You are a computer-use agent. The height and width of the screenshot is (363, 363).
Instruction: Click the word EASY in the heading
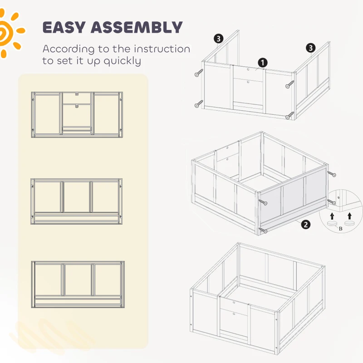point(64,27)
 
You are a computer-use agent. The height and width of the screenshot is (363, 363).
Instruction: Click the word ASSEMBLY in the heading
point(137,27)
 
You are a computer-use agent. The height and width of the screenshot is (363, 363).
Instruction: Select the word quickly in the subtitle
point(122,61)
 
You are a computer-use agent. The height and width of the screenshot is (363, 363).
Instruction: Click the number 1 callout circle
point(263,63)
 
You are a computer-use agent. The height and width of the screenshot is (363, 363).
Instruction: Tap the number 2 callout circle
point(305,225)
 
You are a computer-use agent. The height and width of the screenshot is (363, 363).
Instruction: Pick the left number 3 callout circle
point(219,39)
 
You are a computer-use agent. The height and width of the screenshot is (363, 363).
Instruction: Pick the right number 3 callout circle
point(311,48)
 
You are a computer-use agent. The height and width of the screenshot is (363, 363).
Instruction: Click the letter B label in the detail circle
point(341,229)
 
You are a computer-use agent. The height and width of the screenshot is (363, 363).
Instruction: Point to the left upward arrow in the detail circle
point(332,216)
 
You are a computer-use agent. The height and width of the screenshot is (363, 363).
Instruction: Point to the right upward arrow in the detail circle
point(349,216)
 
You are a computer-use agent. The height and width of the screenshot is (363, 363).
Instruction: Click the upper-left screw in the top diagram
point(199,73)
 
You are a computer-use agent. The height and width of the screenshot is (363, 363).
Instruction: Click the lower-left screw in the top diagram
point(199,104)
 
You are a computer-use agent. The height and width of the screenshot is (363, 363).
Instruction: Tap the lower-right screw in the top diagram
point(290,115)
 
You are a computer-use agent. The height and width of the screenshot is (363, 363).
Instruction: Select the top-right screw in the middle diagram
point(331,174)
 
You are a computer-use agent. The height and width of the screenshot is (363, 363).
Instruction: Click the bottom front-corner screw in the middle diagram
point(263,230)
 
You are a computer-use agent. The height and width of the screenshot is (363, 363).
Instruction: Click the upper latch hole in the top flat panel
point(77,94)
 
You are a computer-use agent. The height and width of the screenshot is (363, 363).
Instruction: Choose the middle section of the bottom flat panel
point(78,280)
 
